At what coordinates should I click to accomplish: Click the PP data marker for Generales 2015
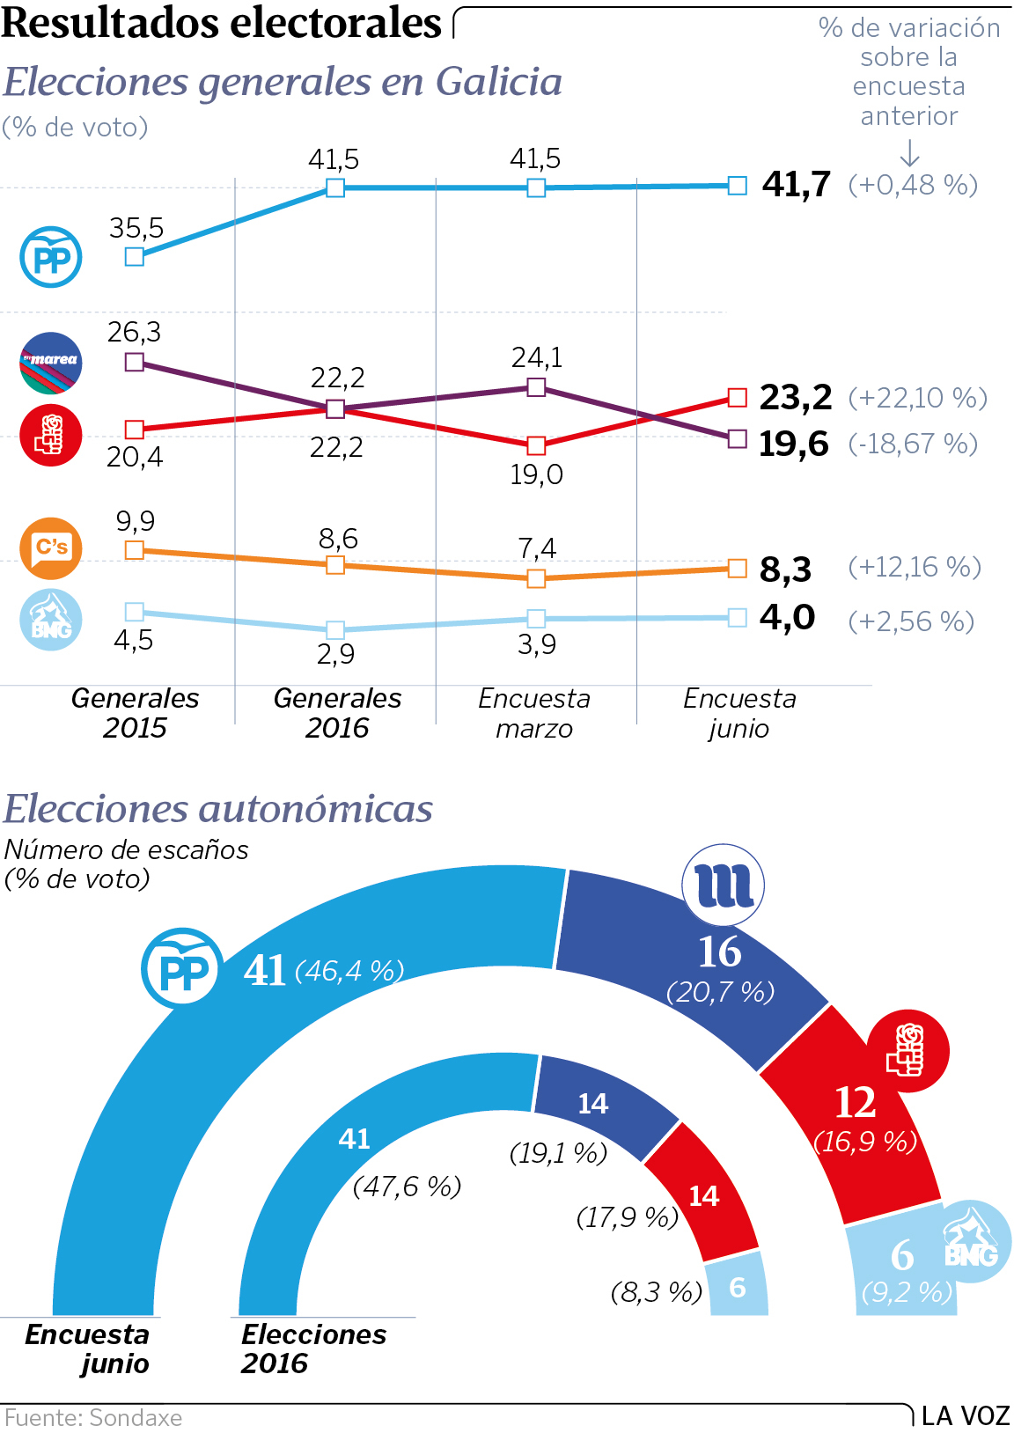(134, 256)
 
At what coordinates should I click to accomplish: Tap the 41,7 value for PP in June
(797, 184)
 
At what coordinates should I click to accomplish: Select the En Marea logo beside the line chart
(51, 362)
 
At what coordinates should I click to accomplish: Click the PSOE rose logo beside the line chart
(51, 435)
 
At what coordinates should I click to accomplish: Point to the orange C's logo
(51, 547)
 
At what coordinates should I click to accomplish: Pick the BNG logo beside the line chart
(51, 620)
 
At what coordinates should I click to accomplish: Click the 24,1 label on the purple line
(537, 357)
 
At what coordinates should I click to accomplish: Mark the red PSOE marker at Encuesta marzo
(536, 445)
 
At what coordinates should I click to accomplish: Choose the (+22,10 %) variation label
(917, 398)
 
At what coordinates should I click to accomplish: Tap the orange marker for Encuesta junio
(738, 569)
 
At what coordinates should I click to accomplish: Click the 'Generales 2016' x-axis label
(337, 713)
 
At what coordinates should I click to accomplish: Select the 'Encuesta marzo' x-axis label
(534, 713)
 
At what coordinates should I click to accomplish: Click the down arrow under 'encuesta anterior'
(909, 154)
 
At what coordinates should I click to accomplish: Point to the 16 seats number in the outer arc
(719, 952)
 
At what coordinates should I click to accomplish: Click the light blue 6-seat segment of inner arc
(738, 1287)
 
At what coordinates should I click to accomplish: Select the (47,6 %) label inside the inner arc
(407, 1187)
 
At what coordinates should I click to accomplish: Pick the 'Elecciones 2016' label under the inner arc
(313, 1348)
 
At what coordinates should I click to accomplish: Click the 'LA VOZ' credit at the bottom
(966, 1416)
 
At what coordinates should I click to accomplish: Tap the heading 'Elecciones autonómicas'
(218, 809)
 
